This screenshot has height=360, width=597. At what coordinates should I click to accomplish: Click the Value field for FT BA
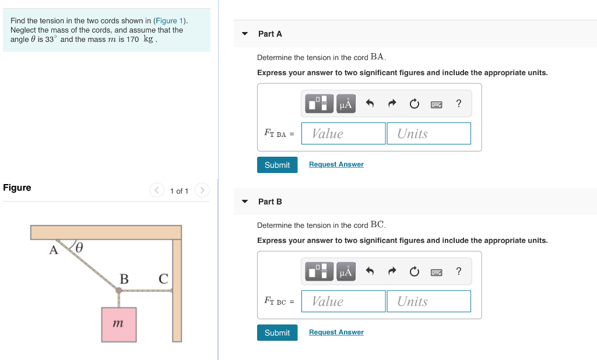[x=343, y=133]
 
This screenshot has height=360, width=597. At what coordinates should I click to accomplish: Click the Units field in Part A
[x=429, y=133]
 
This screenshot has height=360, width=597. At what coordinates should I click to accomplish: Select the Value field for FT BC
[x=343, y=301]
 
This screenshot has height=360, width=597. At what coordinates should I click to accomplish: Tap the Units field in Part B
[x=429, y=301]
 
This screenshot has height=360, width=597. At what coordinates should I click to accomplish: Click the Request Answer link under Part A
[x=336, y=164]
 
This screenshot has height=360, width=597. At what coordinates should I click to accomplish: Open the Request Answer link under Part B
[x=336, y=332]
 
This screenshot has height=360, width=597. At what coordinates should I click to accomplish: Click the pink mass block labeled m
[x=119, y=324]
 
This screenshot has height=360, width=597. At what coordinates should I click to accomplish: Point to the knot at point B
[x=119, y=290]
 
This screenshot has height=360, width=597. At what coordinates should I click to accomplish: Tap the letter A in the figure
[x=54, y=250]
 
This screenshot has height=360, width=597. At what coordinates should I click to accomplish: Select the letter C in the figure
[x=163, y=279]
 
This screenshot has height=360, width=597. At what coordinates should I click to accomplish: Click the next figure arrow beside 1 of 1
[x=202, y=190]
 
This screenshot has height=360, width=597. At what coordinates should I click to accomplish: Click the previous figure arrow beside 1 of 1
[x=157, y=190]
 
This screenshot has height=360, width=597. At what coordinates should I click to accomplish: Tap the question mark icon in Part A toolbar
[x=459, y=104]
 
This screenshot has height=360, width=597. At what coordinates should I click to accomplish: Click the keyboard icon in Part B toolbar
[x=436, y=272]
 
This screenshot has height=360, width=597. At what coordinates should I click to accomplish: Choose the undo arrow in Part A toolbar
[x=369, y=104]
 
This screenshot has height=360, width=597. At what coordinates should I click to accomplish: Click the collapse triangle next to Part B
[x=245, y=202]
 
